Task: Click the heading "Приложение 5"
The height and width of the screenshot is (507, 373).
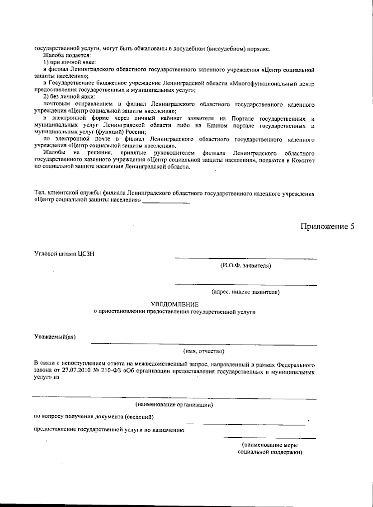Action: (x=327, y=227)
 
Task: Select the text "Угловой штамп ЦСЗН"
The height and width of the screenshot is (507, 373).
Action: (x=64, y=254)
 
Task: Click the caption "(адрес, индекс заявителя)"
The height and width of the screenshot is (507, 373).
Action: (x=246, y=292)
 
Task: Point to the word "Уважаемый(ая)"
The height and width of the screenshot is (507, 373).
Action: (x=55, y=337)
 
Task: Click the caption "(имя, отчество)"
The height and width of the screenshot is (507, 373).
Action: (x=204, y=352)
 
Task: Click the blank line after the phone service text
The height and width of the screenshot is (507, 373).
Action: (x=166, y=203)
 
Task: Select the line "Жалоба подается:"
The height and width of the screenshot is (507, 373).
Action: (x=66, y=56)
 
